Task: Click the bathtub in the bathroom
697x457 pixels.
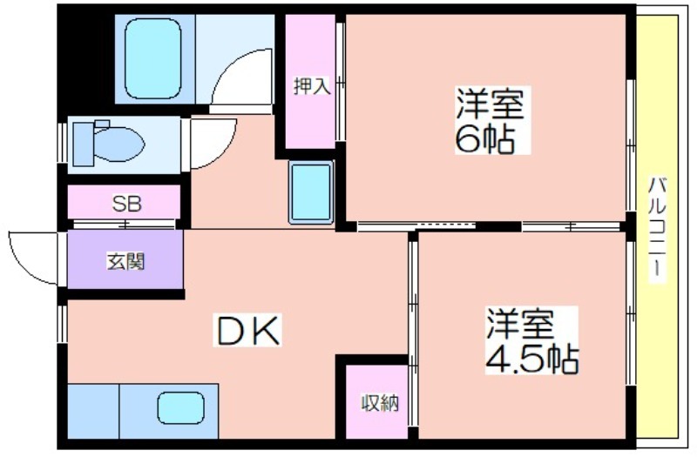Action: [x=153, y=58]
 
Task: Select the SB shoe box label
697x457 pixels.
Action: [x=126, y=204]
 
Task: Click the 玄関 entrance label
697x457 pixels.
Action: [x=125, y=262]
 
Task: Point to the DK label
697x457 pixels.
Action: [x=247, y=330]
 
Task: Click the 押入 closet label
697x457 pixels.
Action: [x=312, y=85]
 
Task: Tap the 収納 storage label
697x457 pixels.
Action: [x=380, y=402]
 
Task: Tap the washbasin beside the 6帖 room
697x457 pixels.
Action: [x=311, y=192]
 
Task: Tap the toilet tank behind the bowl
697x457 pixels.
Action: [x=84, y=144]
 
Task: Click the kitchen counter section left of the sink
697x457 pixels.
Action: [x=93, y=411]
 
